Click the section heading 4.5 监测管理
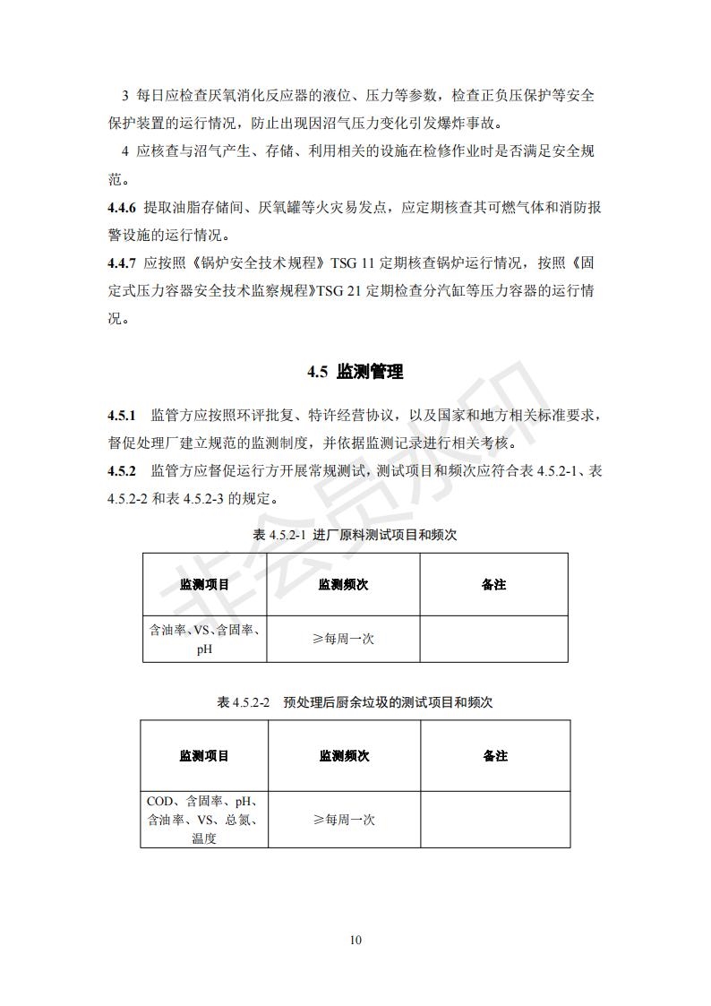(355, 372)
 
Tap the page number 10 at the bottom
(355, 940)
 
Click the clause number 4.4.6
(121, 208)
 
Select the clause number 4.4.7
(121, 263)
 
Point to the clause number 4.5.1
(121, 416)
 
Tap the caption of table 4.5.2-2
(355, 702)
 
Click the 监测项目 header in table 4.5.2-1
(204, 585)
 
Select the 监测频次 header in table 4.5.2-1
(343, 585)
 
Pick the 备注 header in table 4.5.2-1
(493, 585)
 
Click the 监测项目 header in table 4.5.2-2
(204, 756)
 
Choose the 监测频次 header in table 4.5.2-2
(344, 756)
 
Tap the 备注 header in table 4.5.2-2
(494, 756)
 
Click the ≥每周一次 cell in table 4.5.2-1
(343, 640)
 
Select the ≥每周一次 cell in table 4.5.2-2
(344, 820)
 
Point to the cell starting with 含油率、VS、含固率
(204, 640)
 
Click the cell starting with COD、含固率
(204, 820)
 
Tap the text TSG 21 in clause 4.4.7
(340, 291)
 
